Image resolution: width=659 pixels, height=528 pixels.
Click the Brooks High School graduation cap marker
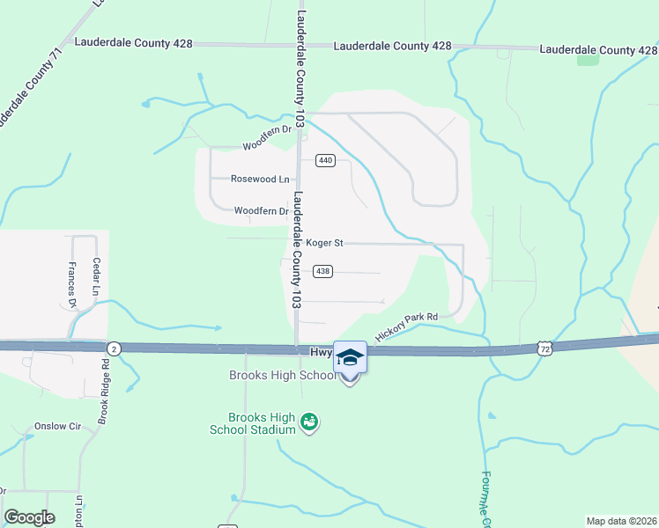pos(350,357)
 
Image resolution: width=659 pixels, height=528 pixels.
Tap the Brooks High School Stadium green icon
pos(309,423)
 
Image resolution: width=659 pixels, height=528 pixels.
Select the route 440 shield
pos(325,160)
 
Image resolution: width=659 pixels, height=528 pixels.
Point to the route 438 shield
pos(322,272)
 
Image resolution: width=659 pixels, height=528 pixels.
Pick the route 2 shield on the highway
pos(113,348)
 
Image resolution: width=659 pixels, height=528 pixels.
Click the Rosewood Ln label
pos(260,179)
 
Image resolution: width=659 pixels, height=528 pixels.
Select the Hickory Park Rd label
pos(406,327)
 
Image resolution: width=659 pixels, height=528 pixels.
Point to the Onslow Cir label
pos(57,427)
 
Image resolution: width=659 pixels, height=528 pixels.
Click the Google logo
pos(29,517)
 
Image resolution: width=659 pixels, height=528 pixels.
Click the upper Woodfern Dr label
pos(266,145)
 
